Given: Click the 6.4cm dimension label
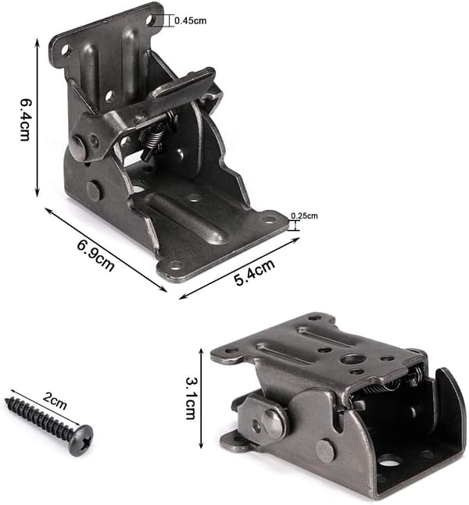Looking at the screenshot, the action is (x=25, y=119).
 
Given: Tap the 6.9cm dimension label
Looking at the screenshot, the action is (x=95, y=255).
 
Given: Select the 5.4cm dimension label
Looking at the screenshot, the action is (x=255, y=272).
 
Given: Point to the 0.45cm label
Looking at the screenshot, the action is (x=190, y=21).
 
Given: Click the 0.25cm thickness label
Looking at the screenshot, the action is (x=304, y=215).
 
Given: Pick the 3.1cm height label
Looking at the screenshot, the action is (x=191, y=398).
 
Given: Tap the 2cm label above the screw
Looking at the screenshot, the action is (x=54, y=402).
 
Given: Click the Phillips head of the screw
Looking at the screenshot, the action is (x=81, y=440).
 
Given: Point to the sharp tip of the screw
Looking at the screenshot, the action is (x=6, y=400).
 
